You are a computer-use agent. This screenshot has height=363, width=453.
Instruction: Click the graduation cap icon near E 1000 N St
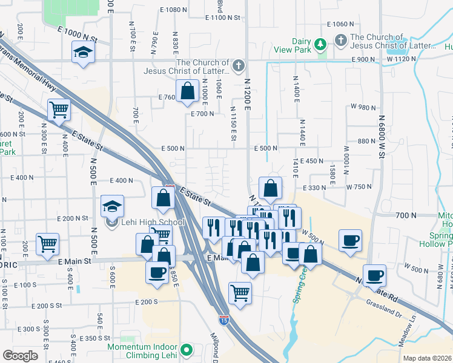click(84, 52)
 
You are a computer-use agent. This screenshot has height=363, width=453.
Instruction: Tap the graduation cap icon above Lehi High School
click(112, 206)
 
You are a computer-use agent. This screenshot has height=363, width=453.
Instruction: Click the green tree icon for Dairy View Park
click(320, 44)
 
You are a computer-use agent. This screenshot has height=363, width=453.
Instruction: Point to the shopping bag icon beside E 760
click(188, 91)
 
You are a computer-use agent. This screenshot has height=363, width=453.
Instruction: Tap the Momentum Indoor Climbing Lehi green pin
click(187, 349)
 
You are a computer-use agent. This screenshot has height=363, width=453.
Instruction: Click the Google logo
click(20, 356)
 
